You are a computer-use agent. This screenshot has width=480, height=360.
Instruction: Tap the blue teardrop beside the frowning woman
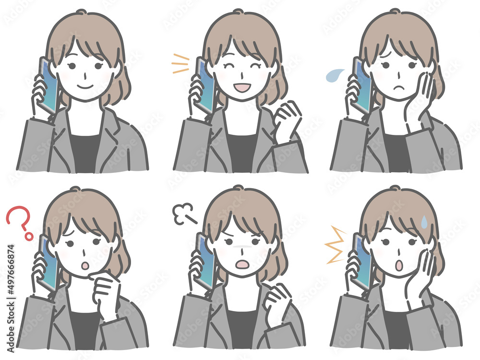pos(335,74)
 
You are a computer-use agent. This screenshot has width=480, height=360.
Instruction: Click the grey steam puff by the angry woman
pos(183,213)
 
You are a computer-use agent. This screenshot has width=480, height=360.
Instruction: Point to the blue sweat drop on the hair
pos(424,222)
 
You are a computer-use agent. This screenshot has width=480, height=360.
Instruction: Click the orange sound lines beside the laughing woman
pos(180,64)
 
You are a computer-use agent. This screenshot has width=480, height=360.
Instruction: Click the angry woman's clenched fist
pos(277,300)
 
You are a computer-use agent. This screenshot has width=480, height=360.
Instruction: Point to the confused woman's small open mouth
pos(84,265)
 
